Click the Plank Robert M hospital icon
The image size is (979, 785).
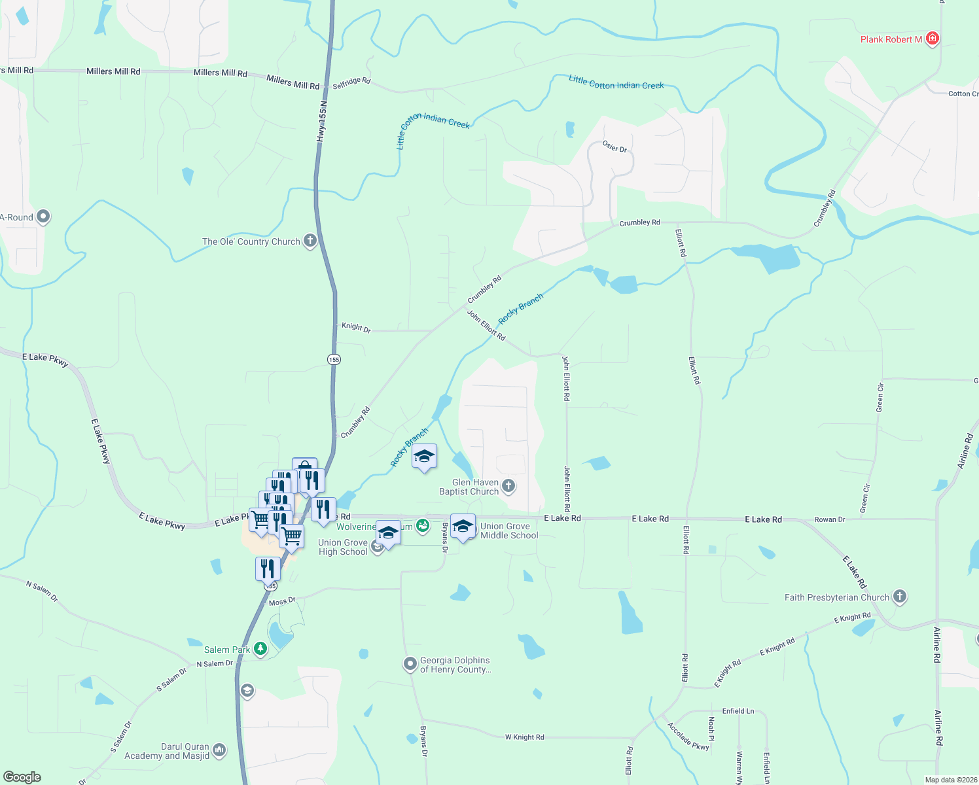[933, 39]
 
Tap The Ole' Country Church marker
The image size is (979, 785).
[310, 241]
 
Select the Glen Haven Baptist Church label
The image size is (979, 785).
[469, 487]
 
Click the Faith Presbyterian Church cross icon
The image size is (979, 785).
[900, 596]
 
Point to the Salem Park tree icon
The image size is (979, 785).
[260, 649]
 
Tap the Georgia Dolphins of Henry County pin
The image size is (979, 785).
[410, 664]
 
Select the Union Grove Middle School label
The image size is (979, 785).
[509, 531]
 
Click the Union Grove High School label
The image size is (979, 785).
[343, 547]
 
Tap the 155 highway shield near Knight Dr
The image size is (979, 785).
[334, 359]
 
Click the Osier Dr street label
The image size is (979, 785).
[614, 147]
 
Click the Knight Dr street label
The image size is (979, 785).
[356, 327]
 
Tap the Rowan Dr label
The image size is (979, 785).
[829, 519]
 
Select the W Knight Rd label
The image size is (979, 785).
[524, 737]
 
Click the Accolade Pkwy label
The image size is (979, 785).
[688, 736]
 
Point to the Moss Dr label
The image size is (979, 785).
[282, 601]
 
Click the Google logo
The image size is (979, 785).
[22, 776]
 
